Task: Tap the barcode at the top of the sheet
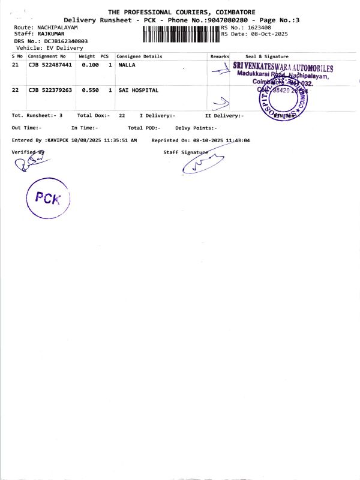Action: point(182,34)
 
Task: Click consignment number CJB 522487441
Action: point(50,64)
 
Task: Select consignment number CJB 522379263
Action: point(50,90)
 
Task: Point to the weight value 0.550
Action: point(90,90)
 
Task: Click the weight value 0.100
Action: point(90,64)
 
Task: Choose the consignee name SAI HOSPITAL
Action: point(139,90)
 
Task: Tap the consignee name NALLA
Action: point(127,64)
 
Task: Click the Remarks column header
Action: point(220,56)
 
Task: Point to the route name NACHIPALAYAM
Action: point(58,28)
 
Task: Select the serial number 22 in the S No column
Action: point(16,90)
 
